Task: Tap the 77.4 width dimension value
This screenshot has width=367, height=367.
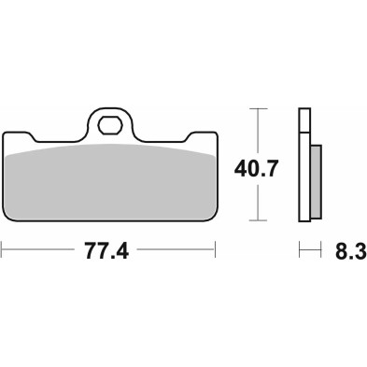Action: [108, 251]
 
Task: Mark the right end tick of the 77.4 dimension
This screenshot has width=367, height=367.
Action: [216, 250]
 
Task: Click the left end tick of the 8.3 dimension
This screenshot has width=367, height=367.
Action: [300, 250]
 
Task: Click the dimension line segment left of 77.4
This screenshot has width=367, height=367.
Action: [42, 250]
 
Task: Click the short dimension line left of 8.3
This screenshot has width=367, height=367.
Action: [310, 250]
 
